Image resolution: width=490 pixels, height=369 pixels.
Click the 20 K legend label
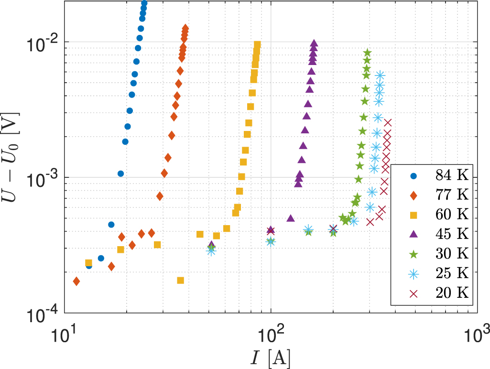click(451, 293)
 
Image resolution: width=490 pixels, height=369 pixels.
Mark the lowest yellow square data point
click(180, 280)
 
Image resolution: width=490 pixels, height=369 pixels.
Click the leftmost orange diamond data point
click(76, 281)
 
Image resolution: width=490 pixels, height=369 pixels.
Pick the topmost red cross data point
click(388, 123)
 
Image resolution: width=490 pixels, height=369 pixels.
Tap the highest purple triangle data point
click(314, 43)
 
